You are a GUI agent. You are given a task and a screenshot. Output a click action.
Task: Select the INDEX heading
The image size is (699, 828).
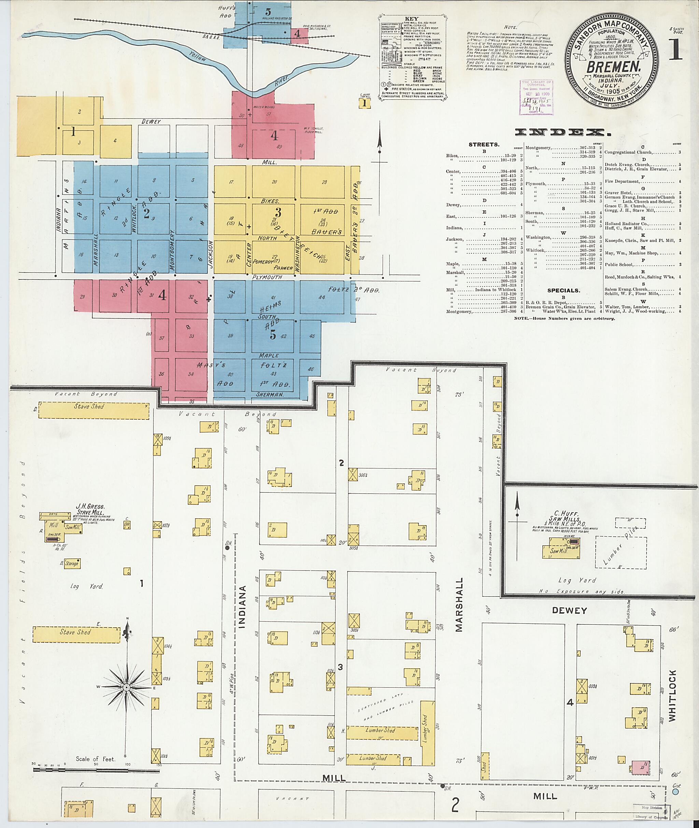(563, 133)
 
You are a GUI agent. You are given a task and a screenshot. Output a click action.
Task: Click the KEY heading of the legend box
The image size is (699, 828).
(412, 19)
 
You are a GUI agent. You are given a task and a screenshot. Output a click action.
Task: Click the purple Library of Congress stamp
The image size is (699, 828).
(536, 97)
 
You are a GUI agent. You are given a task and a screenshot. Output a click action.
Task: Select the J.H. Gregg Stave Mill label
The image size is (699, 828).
(90, 510)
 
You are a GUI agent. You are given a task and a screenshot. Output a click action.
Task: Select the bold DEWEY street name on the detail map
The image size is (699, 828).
(569, 611)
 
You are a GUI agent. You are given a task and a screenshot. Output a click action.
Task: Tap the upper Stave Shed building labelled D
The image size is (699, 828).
(94, 410)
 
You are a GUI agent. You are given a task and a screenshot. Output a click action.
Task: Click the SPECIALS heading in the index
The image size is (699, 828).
(564, 290)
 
